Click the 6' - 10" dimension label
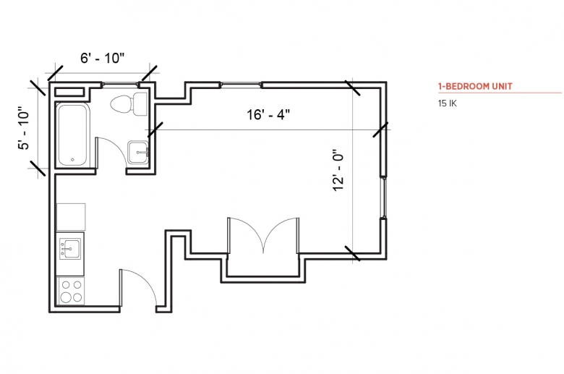(x=102, y=58)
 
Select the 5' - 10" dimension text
(x=24, y=128)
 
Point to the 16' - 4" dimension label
(x=268, y=114)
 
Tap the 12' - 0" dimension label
(x=338, y=170)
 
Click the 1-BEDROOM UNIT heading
(x=475, y=86)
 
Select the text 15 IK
(x=447, y=103)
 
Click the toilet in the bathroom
(x=129, y=104)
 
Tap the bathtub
(x=72, y=135)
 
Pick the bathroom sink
(x=138, y=152)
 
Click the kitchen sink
(x=70, y=249)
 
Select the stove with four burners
(x=71, y=291)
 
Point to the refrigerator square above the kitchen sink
(x=71, y=217)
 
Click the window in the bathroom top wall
(x=120, y=85)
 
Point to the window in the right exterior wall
(x=384, y=197)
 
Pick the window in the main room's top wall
(x=241, y=85)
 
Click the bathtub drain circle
(x=72, y=159)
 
